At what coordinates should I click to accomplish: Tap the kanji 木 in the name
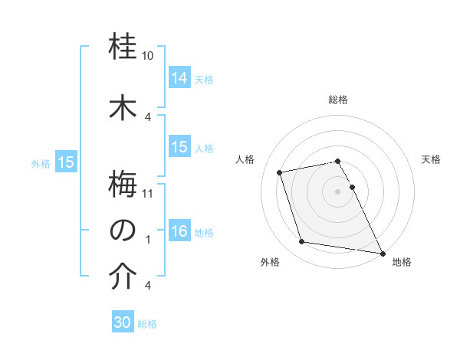(x=123, y=107)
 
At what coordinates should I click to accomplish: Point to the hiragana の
(x=123, y=229)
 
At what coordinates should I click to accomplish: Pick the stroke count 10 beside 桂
(x=148, y=56)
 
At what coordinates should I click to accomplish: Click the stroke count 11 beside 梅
(x=149, y=193)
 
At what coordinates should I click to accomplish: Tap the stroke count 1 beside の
(x=148, y=239)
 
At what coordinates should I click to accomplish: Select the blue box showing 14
(x=179, y=77)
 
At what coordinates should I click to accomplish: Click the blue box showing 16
(x=179, y=231)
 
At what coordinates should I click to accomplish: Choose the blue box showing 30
(x=123, y=322)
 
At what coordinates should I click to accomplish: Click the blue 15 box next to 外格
(x=66, y=162)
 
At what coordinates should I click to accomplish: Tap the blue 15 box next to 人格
(x=179, y=147)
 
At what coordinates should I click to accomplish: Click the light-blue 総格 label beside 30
(x=147, y=324)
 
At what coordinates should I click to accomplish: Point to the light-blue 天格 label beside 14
(x=204, y=79)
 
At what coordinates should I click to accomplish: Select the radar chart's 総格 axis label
(x=337, y=100)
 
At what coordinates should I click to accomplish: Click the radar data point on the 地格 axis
(x=381, y=252)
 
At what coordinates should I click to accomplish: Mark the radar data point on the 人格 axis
(x=280, y=172)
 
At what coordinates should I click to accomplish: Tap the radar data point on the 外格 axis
(x=302, y=242)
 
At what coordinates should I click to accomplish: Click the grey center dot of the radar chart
(x=337, y=191)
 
